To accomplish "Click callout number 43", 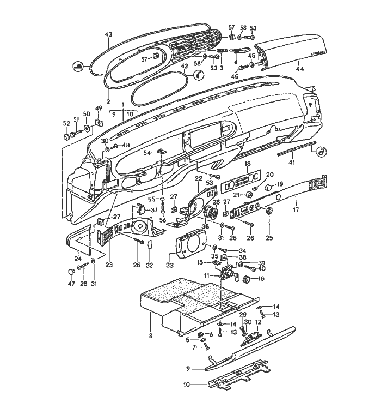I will [108, 34].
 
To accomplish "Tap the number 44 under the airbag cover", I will [299, 69].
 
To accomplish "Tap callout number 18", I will [247, 164].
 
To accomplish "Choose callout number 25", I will [269, 238].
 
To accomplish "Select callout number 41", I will [293, 162].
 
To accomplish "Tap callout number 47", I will [70, 283].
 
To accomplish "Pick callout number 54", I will [146, 154].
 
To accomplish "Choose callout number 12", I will [259, 323].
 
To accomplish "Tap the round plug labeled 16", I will [247, 280].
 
